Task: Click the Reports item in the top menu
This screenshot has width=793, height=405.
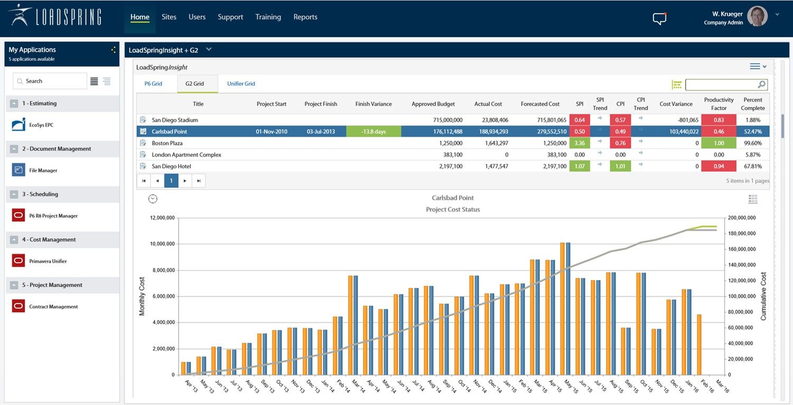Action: [x=305, y=17]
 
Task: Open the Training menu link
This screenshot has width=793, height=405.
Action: [x=268, y=17]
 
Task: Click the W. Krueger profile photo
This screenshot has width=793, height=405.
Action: [x=758, y=17]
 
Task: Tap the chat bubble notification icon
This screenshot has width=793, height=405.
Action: [x=659, y=19]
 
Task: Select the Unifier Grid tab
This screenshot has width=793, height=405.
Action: [x=241, y=84]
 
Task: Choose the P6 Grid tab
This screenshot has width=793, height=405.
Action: [x=153, y=84]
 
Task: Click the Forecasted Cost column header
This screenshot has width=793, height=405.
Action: [x=540, y=104]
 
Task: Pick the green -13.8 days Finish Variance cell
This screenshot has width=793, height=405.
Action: [x=373, y=131]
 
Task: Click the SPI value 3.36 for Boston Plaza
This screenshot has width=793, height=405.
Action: [x=579, y=143]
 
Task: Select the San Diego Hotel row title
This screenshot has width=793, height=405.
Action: [x=171, y=166]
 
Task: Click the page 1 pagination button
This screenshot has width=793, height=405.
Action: [x=171, y=181]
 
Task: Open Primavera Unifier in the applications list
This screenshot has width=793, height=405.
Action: [x=48, y=261]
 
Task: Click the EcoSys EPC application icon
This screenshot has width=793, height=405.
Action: [x=19, y=125]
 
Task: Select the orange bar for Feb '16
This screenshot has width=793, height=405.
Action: [x=699, y=345]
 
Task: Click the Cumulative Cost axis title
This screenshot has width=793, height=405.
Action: [x=763, y=296]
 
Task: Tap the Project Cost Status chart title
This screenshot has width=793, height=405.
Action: [x=453, y=210]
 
